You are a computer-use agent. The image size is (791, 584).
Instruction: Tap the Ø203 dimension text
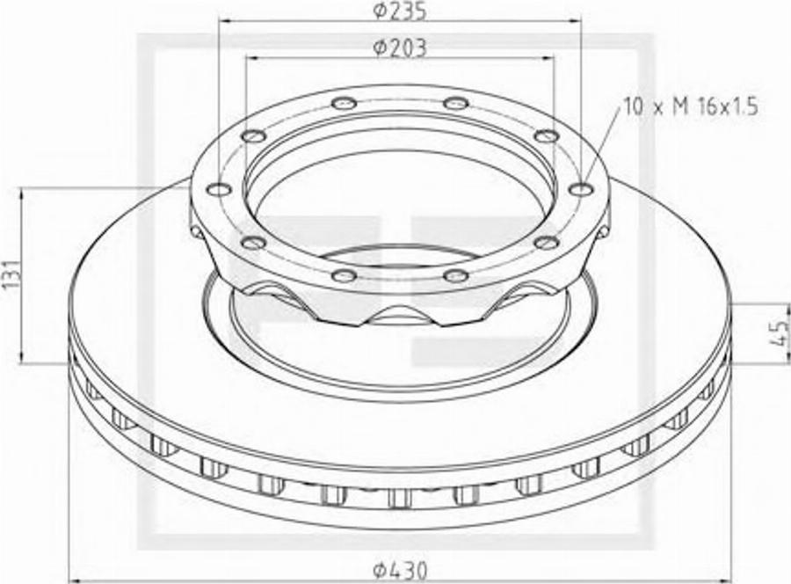click(400, 48)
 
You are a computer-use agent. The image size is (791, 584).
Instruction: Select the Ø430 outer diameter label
click(400, 571)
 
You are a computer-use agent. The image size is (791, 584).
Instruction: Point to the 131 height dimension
click(12, 275)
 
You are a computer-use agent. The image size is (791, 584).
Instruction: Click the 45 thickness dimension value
click(781, 332)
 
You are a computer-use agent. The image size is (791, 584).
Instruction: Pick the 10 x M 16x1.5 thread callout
click(691, 107)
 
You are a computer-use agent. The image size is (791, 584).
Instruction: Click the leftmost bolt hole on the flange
click(219, 189)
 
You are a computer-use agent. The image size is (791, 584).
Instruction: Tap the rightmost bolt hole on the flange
click(581, 189)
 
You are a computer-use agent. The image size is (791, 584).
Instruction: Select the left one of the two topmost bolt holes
click(345, 104)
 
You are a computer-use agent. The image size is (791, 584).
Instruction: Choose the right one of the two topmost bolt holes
click(456, 104)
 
